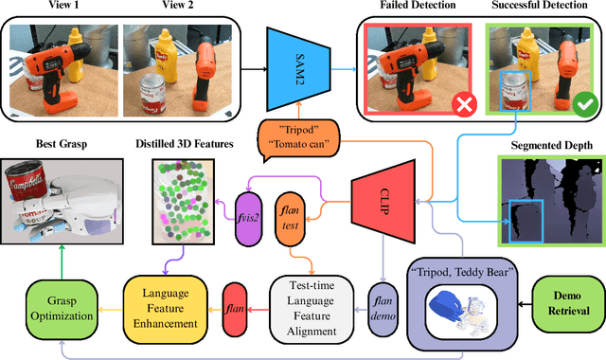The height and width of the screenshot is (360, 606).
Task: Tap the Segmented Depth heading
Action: point(551,145)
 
